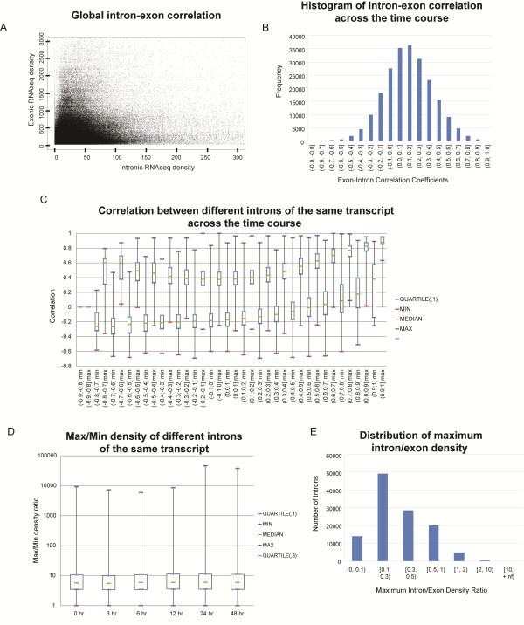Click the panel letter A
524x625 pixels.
pyautogui.click(x=7, y=29)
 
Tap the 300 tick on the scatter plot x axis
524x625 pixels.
pyautogui.click(x=265, y=155)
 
